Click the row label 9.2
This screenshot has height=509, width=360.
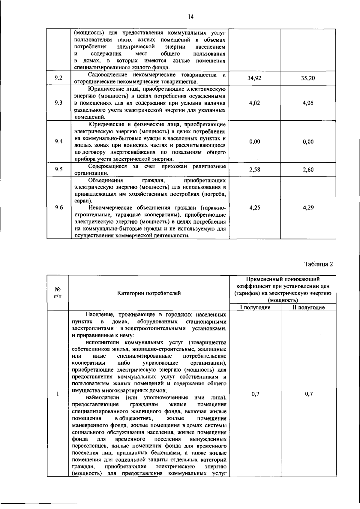pos(59,78)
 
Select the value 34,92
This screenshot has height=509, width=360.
pos(254,78)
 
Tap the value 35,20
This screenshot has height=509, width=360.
pos(308,78)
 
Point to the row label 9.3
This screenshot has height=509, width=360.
pos(59,103)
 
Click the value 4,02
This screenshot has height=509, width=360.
pos(254,103)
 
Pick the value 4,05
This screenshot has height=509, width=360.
pos(308,103)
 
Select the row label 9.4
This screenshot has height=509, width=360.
pos(59,142)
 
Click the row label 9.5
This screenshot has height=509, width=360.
pos(59,170)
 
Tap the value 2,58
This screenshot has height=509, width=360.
pos(254,170)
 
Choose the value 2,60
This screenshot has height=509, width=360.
pos(308,170)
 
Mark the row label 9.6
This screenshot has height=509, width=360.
pos(59,207)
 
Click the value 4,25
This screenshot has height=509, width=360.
pos(254,207)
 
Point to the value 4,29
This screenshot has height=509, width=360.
pos(308,207)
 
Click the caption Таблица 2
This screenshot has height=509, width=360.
pos(319,264)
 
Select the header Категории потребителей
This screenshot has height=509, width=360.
pos(149,293)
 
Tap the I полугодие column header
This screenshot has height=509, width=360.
pos(255,307)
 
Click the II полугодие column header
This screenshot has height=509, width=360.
pos(308,307)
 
